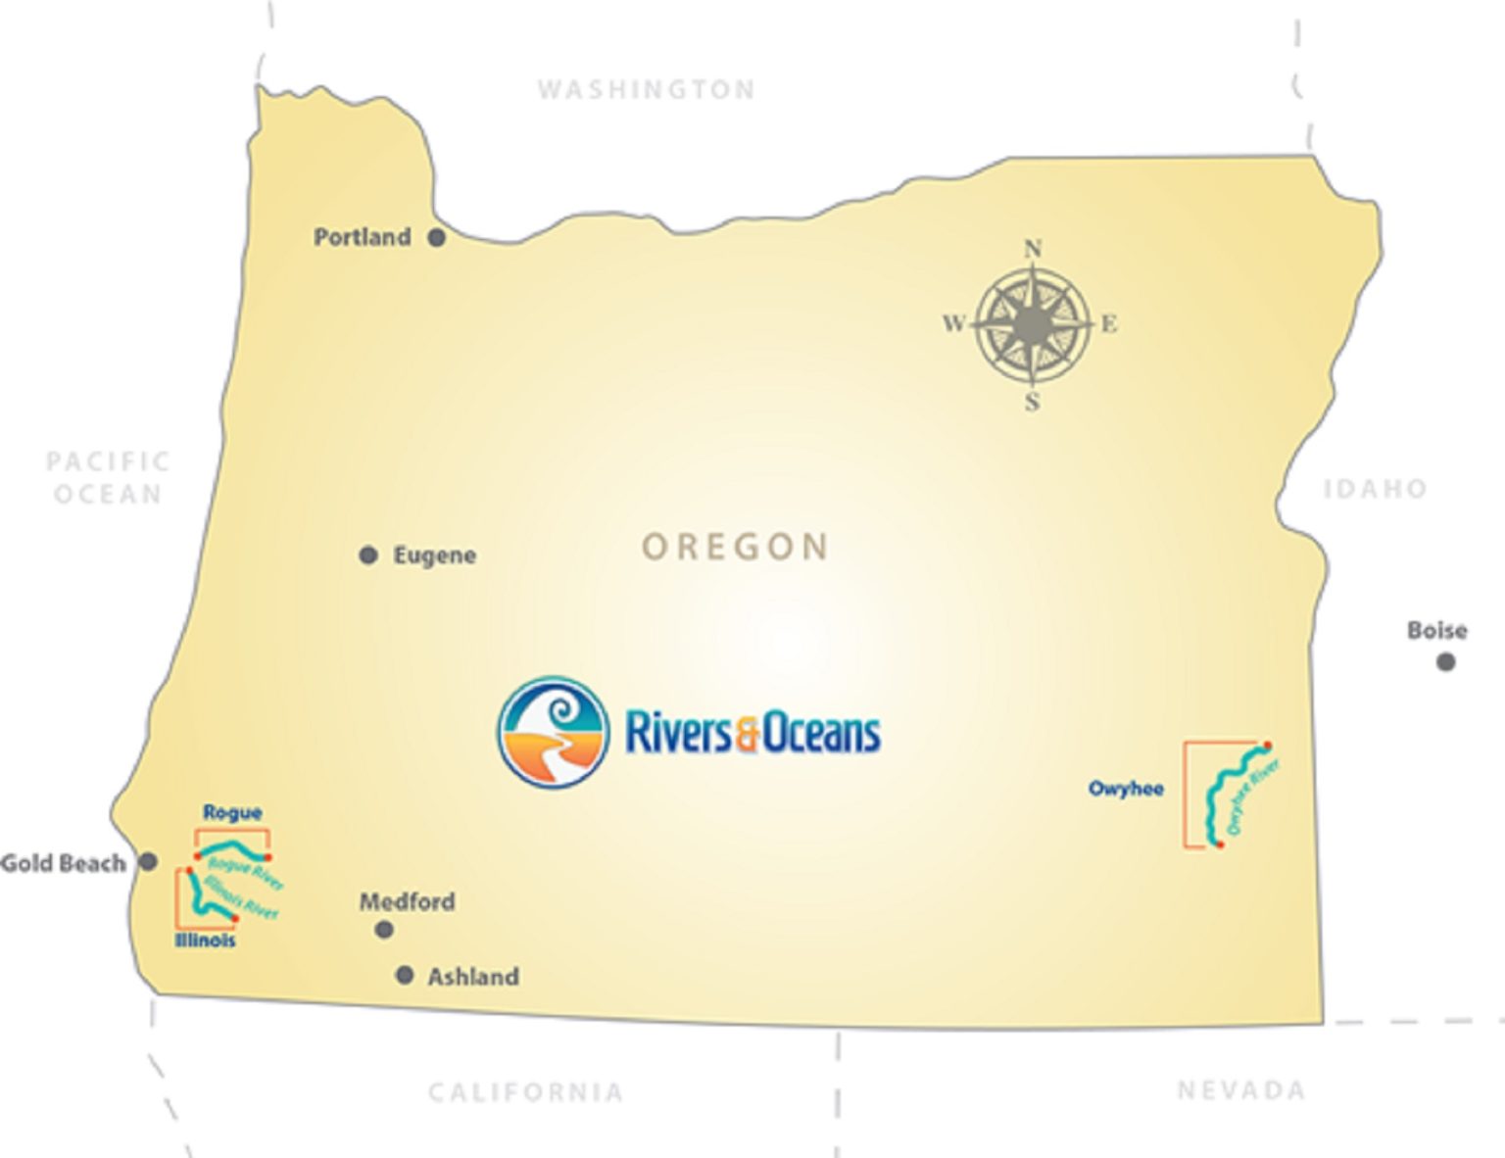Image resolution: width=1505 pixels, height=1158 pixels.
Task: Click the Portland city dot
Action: [x=437, y=237]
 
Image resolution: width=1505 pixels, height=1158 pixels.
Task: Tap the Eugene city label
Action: [x=434, y=555]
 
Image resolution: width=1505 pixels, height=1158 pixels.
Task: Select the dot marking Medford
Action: [x=384, y=929]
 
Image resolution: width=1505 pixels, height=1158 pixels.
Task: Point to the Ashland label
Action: [x=472, y=977]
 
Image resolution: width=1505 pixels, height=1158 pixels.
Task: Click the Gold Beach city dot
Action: [x=148, y=862]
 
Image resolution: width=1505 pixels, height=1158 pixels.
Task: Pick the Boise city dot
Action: [x=1445, y=662]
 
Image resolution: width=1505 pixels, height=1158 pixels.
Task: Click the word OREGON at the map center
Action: [x=735, y=547]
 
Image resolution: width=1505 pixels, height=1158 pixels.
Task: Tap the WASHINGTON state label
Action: [x=647, y=90]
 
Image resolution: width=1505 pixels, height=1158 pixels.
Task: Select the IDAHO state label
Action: [x=1375, y=489]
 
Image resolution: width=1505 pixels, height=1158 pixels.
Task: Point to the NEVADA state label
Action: [x=1240, y=1090]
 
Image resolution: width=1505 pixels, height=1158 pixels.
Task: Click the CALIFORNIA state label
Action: [x=526, y=1092]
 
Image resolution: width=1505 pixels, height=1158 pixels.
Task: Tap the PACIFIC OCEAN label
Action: [x=108, y=477]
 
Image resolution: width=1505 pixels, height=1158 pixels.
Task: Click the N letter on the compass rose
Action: [x=1033, y=249]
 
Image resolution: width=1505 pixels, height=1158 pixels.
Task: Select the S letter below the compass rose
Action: [x=1033, y=402]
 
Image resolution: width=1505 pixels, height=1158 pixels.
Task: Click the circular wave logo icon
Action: [x=554, y=732]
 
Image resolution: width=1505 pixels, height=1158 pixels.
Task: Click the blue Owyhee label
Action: [x=1126, y=789]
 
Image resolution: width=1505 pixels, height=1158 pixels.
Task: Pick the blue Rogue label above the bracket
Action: [x=232, y=812]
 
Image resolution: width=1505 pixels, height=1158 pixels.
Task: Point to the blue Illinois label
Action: [x=205, y=941]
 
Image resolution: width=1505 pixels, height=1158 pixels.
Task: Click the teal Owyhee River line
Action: [x=1215, y=794]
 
